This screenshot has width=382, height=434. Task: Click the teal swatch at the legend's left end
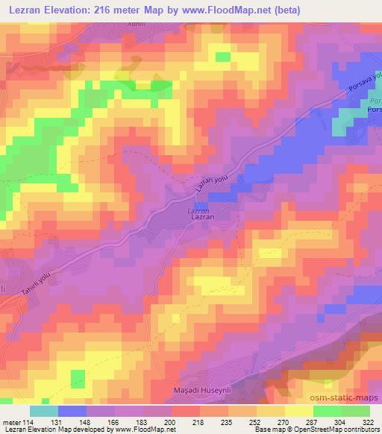coord(44,411)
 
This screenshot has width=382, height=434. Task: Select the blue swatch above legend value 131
coord(72,411)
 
